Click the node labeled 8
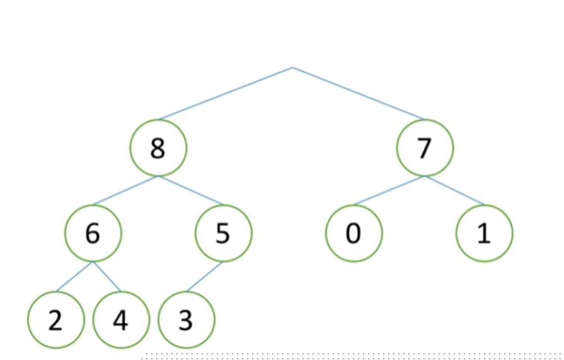(x=158, y=149)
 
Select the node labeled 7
(x=425, y=149)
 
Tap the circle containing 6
(x=93, y=234)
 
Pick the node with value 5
(x=223, y=234)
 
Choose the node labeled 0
(x=354, y=234)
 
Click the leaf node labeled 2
(x=55, y=320)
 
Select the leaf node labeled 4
(x=120, y=320)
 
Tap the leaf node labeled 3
(x=186, y=320)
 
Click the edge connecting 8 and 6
(x=126, y=190)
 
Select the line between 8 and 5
(x=190, y=190)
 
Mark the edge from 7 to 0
(x=389, y=190)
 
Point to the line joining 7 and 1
(x=454, y=190)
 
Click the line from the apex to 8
(x=226, y=93)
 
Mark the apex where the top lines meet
(x=292, y=67)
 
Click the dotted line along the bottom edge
(x=353, y=357)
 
